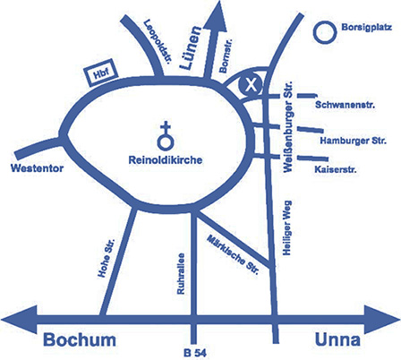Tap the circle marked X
(251, 85)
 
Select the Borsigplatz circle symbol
(325, 32)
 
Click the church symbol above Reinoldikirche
(166, 136)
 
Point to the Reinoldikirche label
(166, 160)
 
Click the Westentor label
(37, 168)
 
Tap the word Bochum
(80, 340)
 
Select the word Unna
(337, 340)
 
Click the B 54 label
(195, 353)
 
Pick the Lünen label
(191, 47)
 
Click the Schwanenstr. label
(346, 105)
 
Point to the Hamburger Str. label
(354, 141)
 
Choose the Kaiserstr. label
(336, 169)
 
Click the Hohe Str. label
(107, 259)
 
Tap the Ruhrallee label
(181, 274)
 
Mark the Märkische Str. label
(233, 254)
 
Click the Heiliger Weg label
(286, 228)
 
